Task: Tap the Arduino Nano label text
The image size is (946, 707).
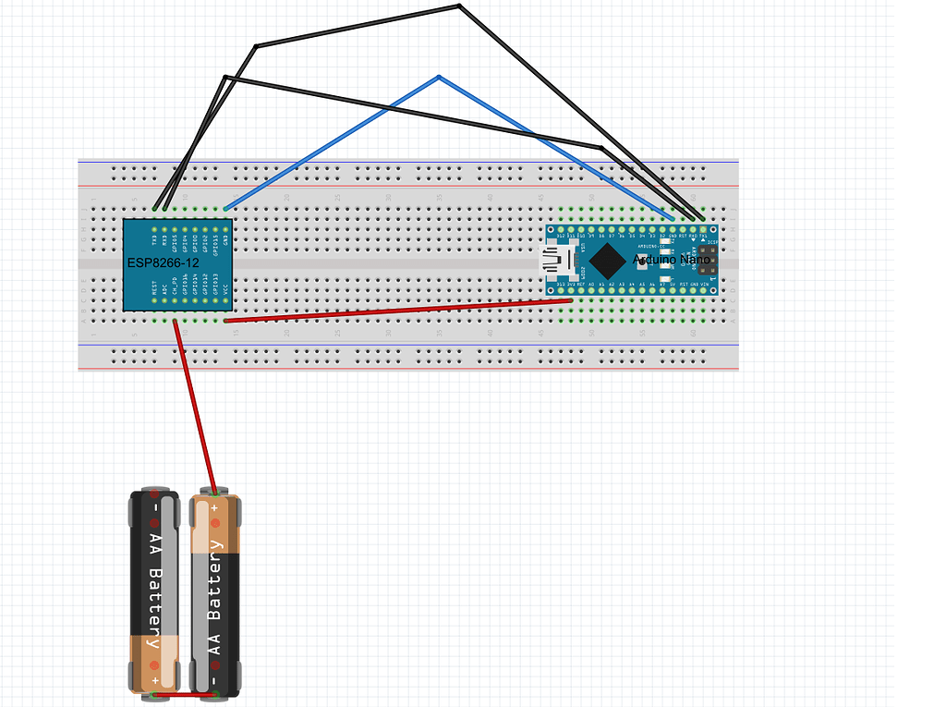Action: (672, 261)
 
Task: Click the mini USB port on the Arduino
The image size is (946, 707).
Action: (557, 261)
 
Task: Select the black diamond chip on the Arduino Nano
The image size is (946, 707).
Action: (605, 261)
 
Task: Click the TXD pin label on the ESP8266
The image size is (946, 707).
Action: (154, 243)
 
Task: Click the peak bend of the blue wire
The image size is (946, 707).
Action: (438, 76)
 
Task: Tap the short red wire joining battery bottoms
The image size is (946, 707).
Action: (184, 694)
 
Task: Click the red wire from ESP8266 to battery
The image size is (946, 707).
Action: (195, 407)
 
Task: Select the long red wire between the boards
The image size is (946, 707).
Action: (397, 311)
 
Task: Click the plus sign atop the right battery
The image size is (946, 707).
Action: (214, 507)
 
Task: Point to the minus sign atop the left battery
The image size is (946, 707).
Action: (156, 507)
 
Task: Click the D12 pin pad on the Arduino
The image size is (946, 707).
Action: (561, 229)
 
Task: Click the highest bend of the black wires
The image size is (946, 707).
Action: (459, 6)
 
